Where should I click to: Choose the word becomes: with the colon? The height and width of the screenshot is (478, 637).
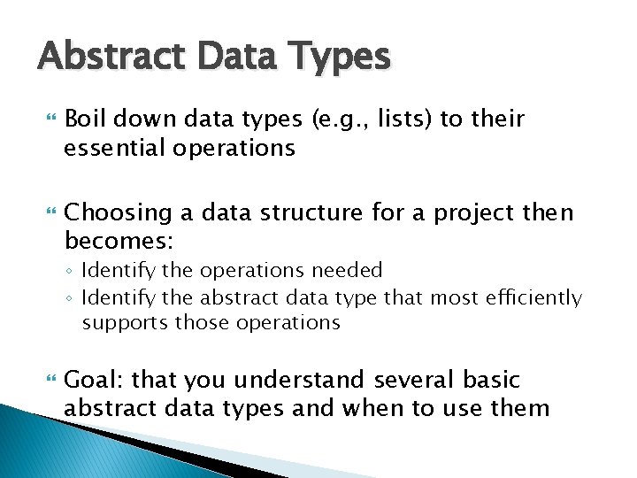(x=119, y=242)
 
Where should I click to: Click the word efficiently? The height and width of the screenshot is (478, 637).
(x=535, y=298)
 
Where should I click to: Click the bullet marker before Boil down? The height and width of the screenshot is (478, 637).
(x=49, y=119)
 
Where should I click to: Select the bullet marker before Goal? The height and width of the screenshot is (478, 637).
(x=49, y=380)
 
